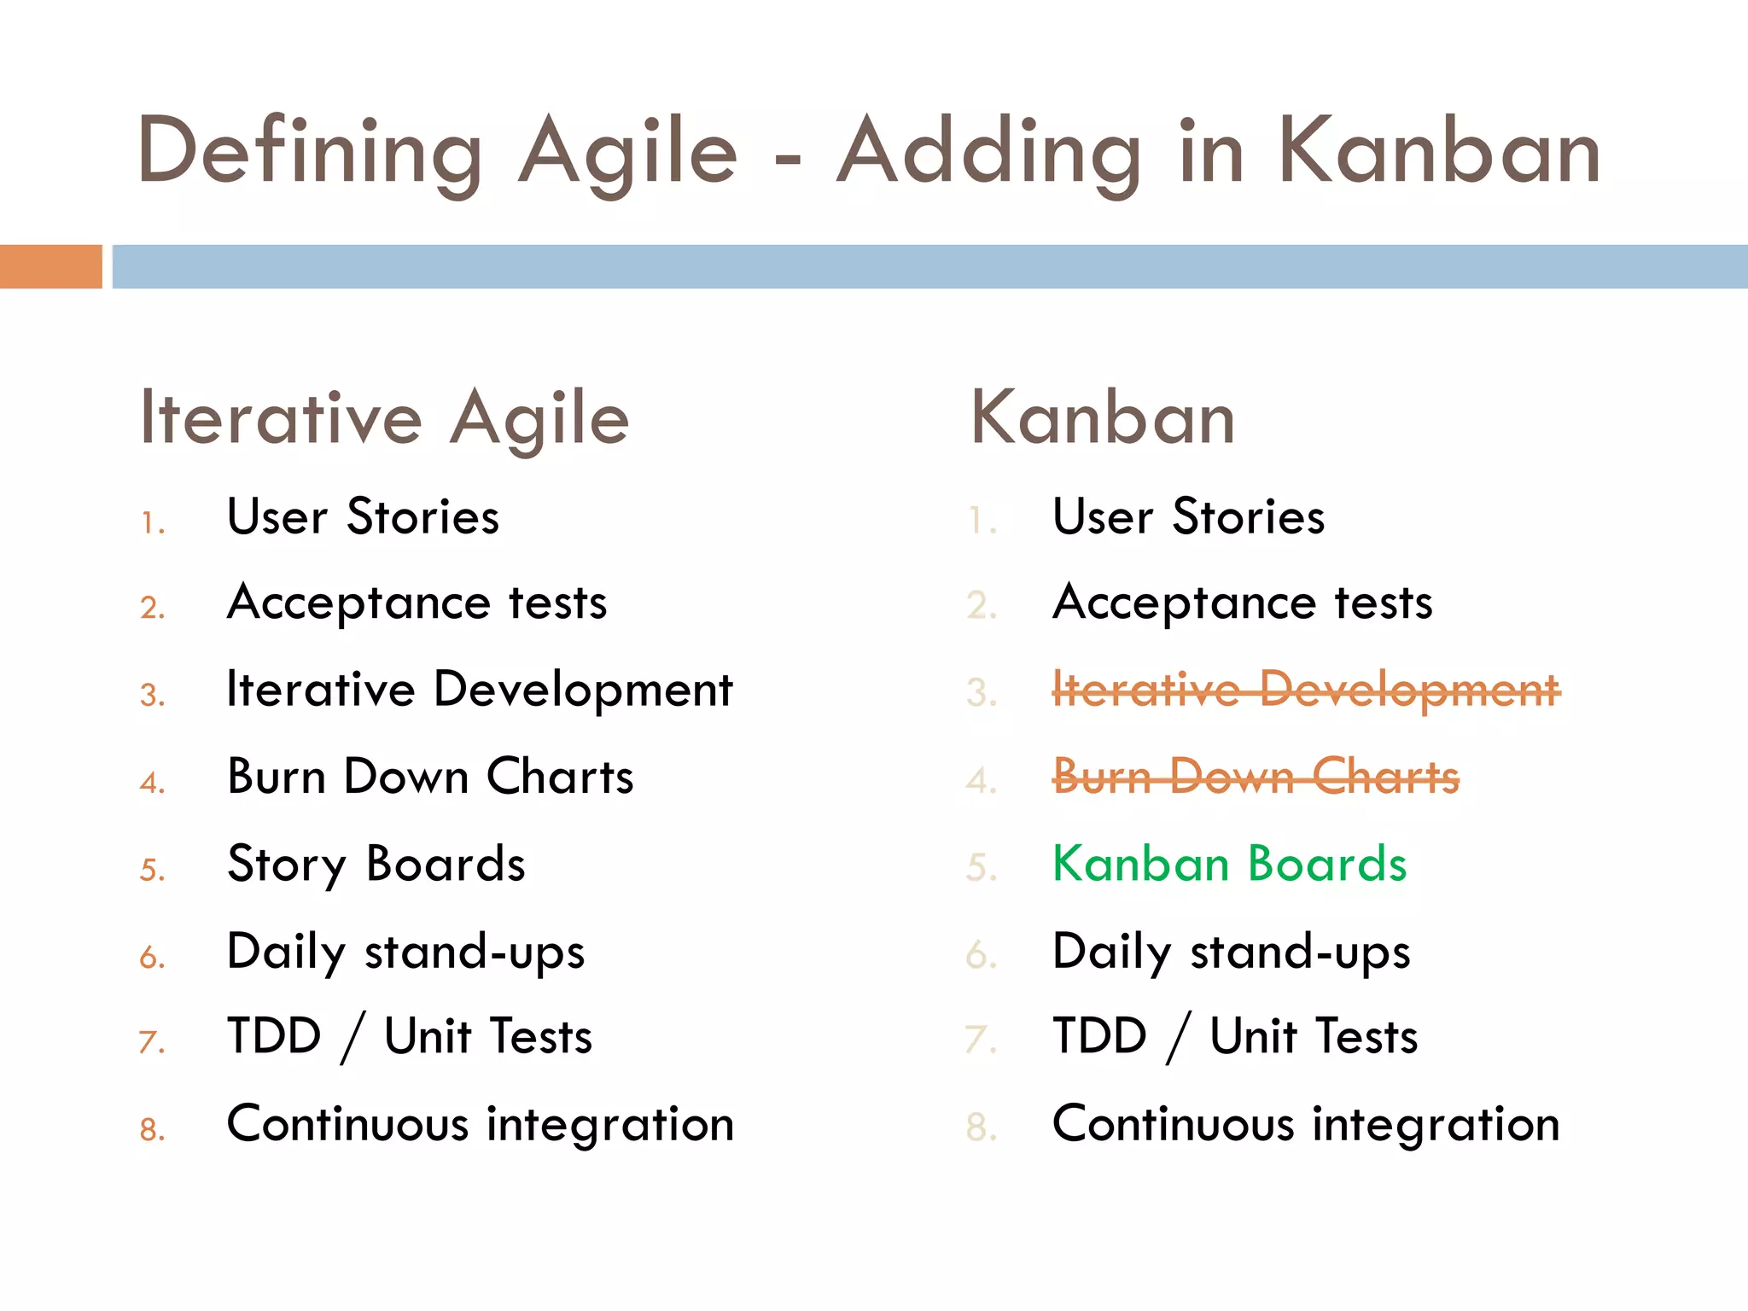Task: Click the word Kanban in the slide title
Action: (1438, 152)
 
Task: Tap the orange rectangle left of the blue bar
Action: (50, 266)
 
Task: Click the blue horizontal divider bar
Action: (929, 266)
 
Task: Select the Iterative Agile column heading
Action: (384, 418)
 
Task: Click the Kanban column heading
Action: (1103, 418)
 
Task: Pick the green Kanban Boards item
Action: (1229, 864)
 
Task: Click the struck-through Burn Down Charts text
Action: (1255, 777)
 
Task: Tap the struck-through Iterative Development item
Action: (1306, 690)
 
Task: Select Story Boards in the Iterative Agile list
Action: (376, 864)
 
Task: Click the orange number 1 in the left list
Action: (152, 522)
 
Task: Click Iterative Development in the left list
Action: (479, 690)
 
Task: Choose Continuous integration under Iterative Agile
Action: (480, 1124)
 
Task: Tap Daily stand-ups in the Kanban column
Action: (1231, 951)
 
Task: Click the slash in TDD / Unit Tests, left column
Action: (353, 1038)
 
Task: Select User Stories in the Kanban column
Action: (1188, 517)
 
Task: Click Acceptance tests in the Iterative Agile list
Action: (417, 603)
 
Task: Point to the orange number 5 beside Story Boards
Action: (151, 870)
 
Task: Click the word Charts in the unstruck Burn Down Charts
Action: (560, 777)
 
